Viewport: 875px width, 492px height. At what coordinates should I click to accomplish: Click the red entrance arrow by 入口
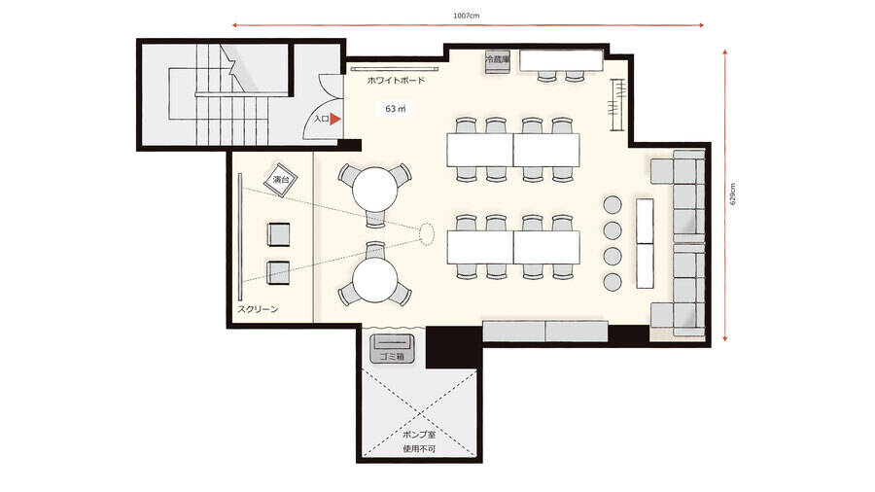(x=334, y=119)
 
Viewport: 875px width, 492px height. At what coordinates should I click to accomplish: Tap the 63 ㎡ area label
(x=395, y=109)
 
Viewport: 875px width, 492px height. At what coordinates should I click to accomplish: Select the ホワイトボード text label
(x=396, y=81)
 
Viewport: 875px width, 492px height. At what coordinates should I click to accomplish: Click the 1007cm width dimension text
(x=466, y=16)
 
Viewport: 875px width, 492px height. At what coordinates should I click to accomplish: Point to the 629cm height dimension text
(x=733, y=194)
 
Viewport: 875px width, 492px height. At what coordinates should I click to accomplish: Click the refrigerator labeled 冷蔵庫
(x=497, y=61)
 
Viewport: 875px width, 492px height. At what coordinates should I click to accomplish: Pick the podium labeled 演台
(x=280, y=180)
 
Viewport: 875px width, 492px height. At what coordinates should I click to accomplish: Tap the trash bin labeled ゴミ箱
(x=393, y=349)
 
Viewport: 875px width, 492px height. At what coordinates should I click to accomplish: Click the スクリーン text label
(x=258, y=309)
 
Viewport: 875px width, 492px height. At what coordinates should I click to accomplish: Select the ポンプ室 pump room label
(x=419, y=435)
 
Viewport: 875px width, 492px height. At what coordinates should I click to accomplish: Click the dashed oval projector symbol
(x=427, y=234)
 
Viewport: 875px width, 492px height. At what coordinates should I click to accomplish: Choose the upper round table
(x=375, y=189)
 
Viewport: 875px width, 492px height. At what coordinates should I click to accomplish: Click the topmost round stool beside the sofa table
(x=612, y=204)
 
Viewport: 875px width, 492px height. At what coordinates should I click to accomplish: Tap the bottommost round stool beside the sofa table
(x=612, y=282)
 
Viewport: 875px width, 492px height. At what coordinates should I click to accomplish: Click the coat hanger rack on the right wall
(x=617, y=105)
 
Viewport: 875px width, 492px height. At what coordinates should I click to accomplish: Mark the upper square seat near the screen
(x=278, y=234)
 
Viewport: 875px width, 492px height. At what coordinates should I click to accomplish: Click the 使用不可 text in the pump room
(x=419, y=449)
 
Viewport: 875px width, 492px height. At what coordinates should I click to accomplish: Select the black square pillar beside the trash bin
(x=454, y=347)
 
